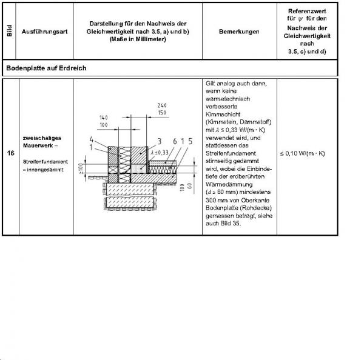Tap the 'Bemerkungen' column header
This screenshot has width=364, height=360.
239,31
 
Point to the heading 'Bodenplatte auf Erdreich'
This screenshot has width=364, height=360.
46,68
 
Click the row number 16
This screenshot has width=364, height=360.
11,154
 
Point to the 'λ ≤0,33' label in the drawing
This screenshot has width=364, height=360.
160,152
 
